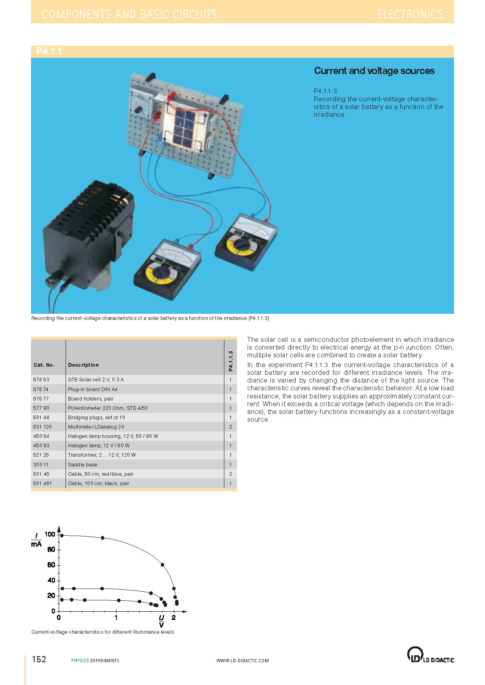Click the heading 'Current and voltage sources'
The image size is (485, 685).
[374, 71]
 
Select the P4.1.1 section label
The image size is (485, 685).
[48, 51]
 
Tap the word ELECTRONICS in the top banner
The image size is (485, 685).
[410, 15]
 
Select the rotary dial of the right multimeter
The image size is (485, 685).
[243, 245]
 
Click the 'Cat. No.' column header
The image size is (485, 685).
[44, 365]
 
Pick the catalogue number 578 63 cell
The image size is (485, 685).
[41, 380]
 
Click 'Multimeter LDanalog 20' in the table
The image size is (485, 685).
[96, 427]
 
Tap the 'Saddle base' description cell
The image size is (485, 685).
[83, 465]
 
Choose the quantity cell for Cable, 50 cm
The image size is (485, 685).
[230, 474]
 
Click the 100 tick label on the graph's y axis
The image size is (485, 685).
[50, 534]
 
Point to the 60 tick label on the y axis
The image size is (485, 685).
[51, 565]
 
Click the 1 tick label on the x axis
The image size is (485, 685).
[116, 618]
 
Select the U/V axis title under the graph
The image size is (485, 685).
[162, 621]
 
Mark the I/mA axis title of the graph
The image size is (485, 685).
[36, 540]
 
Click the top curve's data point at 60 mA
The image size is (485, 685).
[162, 565]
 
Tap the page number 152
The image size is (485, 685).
[39, 659]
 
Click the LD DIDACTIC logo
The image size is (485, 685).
[430, 655]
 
